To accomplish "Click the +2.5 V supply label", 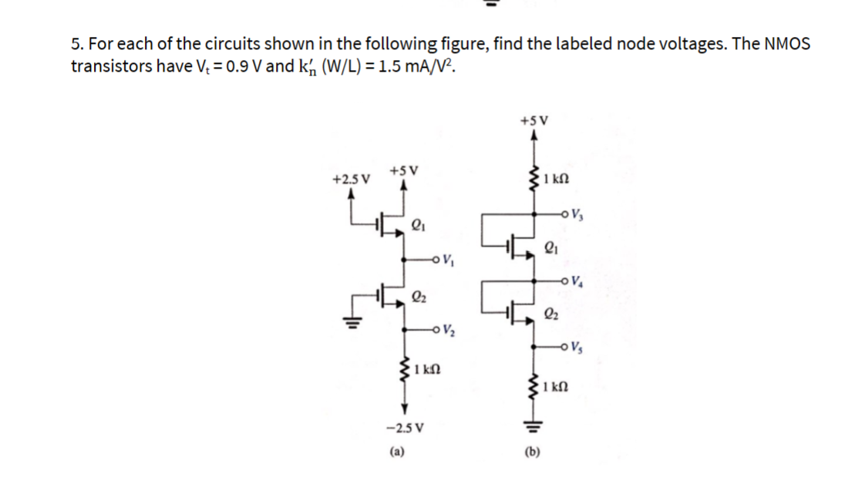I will (x=350, y=179).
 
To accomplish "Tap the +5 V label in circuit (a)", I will (x=404, y=170).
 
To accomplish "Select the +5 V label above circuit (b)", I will (x=534, y=120).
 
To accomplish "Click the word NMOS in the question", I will (x=786, y=44).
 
